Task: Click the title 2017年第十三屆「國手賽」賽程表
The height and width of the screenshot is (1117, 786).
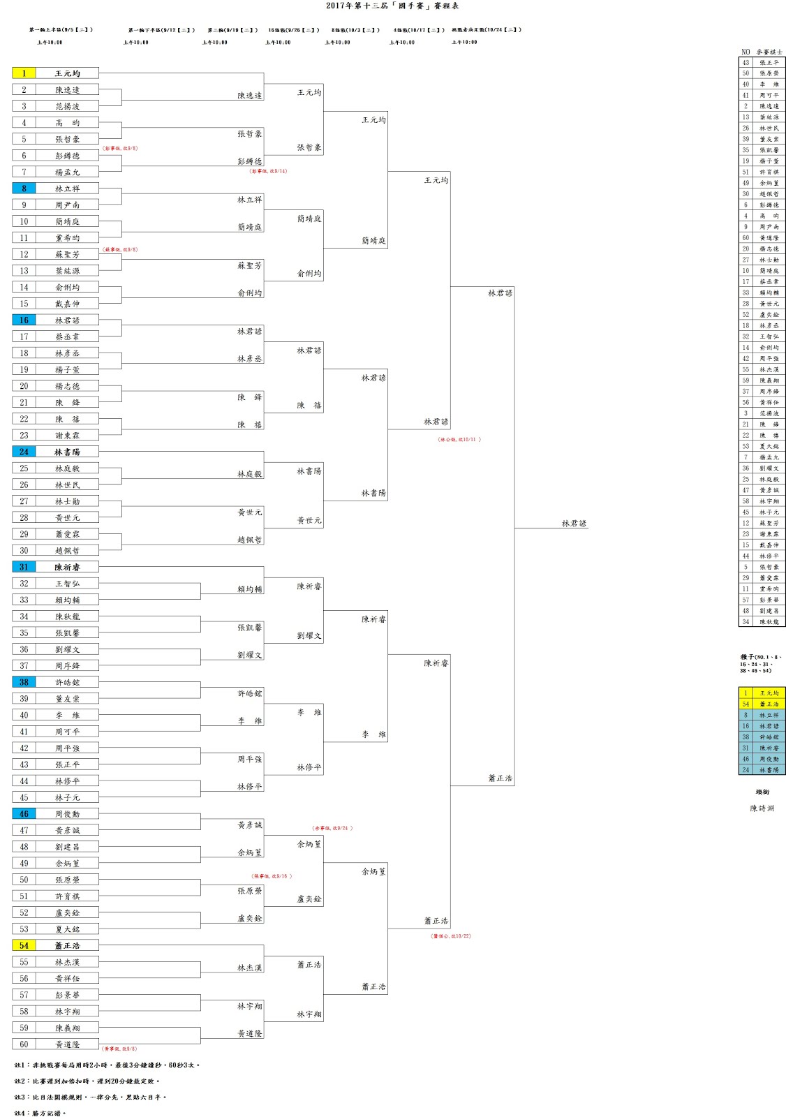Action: [x=392, y=6]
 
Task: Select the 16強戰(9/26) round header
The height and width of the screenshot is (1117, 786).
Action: [x=294, y=30]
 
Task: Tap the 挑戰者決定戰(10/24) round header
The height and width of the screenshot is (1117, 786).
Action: [x=487, y=30]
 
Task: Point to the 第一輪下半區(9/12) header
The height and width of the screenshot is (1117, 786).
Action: [x=161, y=30]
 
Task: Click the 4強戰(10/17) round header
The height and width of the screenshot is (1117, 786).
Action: [x=419, y=30]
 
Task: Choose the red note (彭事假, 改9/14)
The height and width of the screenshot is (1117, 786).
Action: [x=268, y=171]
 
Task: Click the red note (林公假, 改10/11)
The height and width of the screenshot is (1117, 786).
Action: [x=459, y=440]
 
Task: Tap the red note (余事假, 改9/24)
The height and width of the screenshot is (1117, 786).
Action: [x=332, y=828]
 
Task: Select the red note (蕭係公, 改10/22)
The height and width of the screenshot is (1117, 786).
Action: [x=451, y=936]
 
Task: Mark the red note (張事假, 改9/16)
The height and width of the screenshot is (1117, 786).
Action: [x=272, y=876]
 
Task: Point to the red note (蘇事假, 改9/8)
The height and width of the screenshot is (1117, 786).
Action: [x=120, y=249]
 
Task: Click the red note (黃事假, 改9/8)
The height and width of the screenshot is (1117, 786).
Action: [x=120, y=1049]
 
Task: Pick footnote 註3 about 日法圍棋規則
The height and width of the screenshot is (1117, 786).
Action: [x=91, y=1097]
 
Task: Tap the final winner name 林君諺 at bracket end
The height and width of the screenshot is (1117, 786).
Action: [x=574, y=524]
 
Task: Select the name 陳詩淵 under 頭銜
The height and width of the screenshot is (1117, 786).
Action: [x=762, y=808]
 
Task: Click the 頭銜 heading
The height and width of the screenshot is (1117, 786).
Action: [x=762, y=792]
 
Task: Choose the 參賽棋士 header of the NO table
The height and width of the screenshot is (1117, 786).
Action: [x=770, y=52]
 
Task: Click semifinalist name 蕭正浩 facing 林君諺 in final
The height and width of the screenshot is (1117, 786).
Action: [x=500, y=778]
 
